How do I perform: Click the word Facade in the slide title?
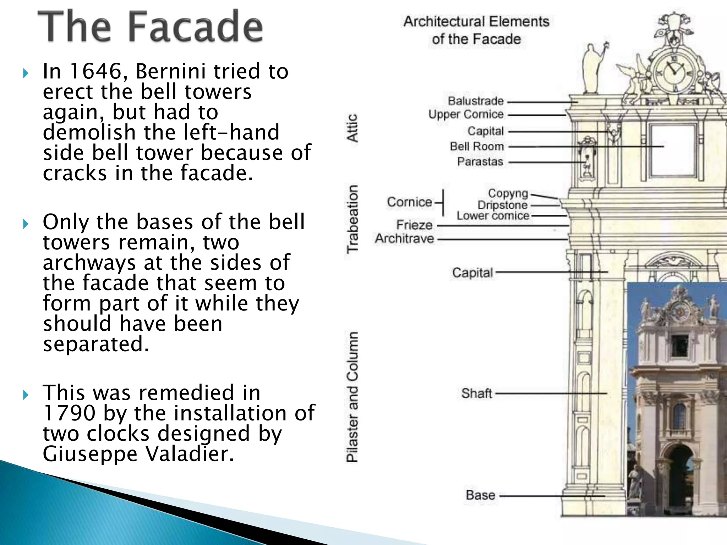(194, 27)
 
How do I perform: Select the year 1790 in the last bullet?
(69, 413)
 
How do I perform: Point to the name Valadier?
(190, 454)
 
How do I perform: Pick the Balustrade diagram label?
(476, 101)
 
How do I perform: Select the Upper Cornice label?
(466, 115)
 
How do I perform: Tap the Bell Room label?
(477, 146)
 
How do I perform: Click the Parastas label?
(480, 162)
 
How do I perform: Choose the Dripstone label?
(502, 205)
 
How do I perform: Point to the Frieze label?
(414, 225)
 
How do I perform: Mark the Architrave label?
(404, 239)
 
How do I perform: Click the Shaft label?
(476, 393)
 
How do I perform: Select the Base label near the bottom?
(480, 495)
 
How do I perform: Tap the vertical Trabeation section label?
(352, 219)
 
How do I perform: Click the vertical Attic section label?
(352, 128)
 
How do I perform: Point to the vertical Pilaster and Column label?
(352, 397)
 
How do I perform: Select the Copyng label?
(508, 193)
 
